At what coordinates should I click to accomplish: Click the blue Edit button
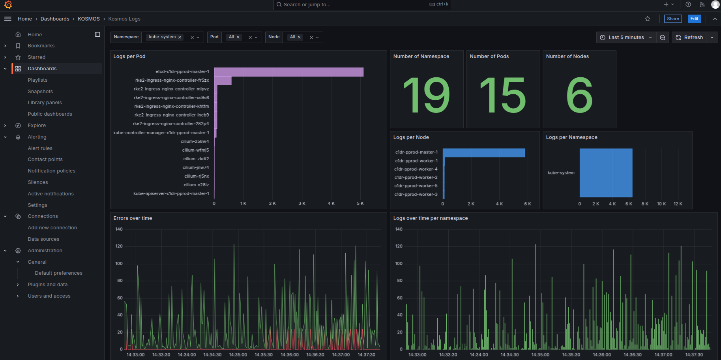(x=694, y=19)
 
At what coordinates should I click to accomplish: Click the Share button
(x=673, y=19)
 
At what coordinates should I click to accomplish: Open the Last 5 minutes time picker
(x=626, y=37)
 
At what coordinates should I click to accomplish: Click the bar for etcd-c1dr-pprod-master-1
(x=288, y=72)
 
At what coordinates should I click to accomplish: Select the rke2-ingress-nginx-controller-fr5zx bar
(x=223, y=81)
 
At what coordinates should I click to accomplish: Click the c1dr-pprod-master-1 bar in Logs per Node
(x=483, y=153)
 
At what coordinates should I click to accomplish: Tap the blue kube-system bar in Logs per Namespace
(x=606, y=173)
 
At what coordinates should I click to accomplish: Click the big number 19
(x=426, y=95)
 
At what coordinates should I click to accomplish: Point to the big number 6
(x=579, y=95)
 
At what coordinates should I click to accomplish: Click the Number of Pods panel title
(x=489, y=56)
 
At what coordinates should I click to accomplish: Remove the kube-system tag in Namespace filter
(x=180, y=37)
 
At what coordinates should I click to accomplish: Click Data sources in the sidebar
(x=43, y=239)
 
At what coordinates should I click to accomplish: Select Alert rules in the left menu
(x=40, y=148)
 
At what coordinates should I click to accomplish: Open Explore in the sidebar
(x=37, y=126)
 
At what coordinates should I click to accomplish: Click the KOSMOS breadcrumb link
(x=89, y=19)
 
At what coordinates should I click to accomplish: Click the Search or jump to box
(x=355, y=5)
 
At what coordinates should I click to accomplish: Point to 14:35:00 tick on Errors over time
(x=238, y=354)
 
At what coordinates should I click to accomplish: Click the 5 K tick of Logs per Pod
(x=360, y=203)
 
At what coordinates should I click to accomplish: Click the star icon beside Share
(x=648, y=19)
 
